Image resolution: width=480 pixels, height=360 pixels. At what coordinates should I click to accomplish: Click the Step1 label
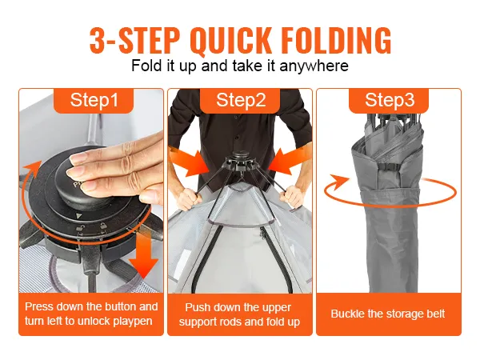(x=94, y=100)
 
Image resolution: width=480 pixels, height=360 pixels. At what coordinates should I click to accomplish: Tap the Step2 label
(x=241, y=100)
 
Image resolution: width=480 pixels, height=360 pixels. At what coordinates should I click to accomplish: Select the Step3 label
(x=390, y=100)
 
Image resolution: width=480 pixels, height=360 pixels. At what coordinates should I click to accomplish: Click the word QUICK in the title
(x=230, y=41)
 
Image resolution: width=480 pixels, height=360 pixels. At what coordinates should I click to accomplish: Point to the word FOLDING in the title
(x=336, y=41)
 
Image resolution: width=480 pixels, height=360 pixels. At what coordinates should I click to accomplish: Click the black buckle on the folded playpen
(x=387, y=167)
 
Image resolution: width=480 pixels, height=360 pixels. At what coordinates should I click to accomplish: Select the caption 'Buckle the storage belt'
(x=387, y=314)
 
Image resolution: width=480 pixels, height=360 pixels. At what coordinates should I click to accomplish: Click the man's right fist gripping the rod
(x=189, y=198)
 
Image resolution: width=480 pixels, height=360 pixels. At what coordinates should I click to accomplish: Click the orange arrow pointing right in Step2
(x=189, y=162)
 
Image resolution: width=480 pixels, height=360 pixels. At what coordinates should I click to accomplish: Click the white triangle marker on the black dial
(x=79, y=216)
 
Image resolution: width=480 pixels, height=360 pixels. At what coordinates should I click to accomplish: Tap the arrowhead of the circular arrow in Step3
(x=339, y=182)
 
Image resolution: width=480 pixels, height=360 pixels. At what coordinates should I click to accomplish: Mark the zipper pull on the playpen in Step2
(x=262, y=234)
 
